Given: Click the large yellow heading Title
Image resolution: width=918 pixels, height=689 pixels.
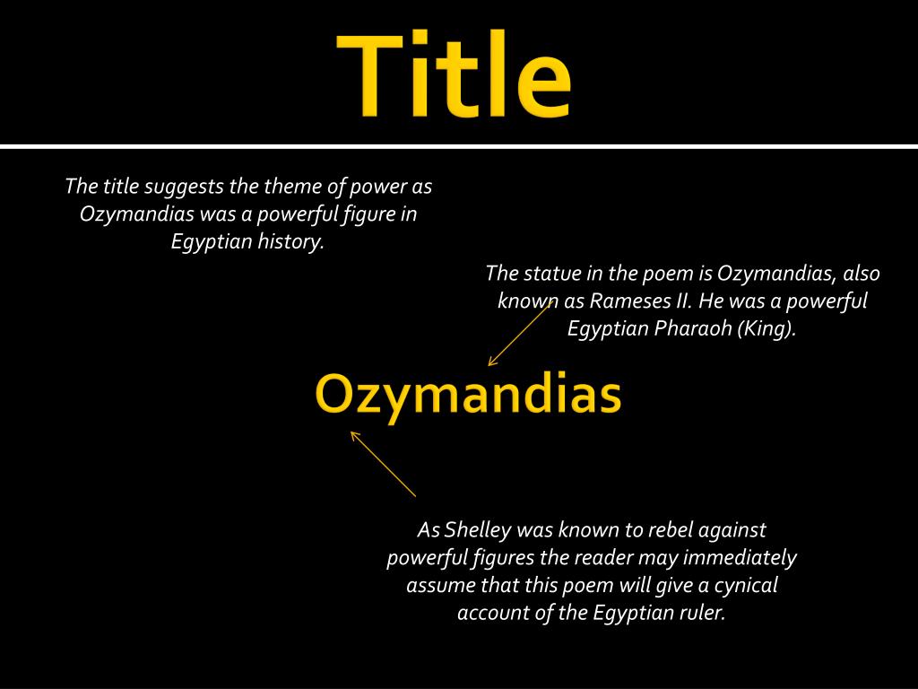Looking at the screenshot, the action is (454, 74).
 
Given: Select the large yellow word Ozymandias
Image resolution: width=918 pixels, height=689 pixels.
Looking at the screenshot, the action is (468, 395).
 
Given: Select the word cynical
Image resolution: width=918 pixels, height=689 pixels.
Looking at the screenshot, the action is (745, 585).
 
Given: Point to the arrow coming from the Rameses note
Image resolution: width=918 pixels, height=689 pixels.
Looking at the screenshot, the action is (519, 334).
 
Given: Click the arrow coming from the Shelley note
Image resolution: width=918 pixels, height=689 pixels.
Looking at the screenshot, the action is (383, 464).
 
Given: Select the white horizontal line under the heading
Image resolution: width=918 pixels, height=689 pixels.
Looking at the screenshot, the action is (459, 146).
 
